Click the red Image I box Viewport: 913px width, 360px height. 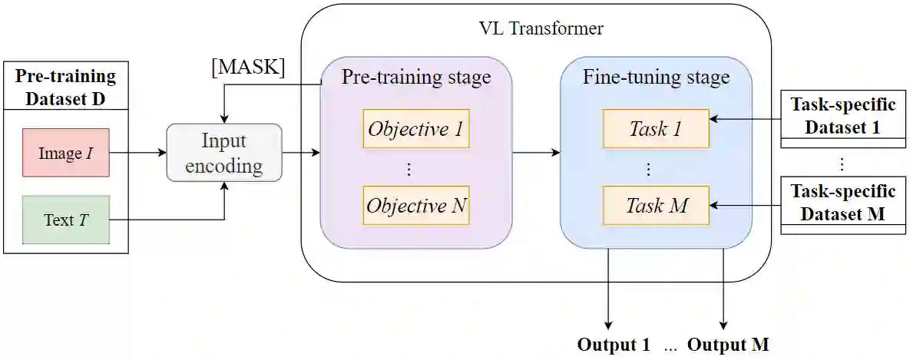click(x=65, y=154)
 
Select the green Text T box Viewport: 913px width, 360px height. click(x=65, y=220)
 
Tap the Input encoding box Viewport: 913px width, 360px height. click(x=224, y=153)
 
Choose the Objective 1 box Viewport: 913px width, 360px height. click(x=415, y=129)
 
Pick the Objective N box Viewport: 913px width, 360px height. click(x=415, y=206)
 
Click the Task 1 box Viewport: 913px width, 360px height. click(x=656, y=129)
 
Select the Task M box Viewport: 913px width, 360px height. click(x=656, y=206)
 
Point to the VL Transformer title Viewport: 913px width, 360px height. click(x=541, y=29)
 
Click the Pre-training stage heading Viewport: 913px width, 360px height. click(x=415, y=78)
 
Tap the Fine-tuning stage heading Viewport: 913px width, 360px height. click(x=656, y=78)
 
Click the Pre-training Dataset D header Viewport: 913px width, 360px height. click(x=65, y=87)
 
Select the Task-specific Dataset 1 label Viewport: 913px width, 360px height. click(x=842, y=117)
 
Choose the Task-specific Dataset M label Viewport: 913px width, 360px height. click(x=842, y=203)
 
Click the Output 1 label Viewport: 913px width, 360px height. click(x=614, y=344)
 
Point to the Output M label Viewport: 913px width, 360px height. click(x=728, y=344)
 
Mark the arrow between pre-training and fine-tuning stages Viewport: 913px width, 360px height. click(x=536, y=153)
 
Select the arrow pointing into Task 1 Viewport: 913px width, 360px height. click(x=744, y=120)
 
